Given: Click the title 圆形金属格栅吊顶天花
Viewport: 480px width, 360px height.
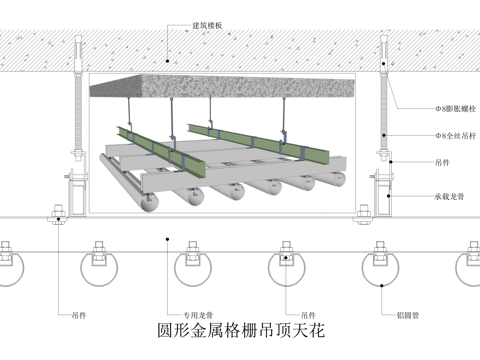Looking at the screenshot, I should (240, 327).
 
